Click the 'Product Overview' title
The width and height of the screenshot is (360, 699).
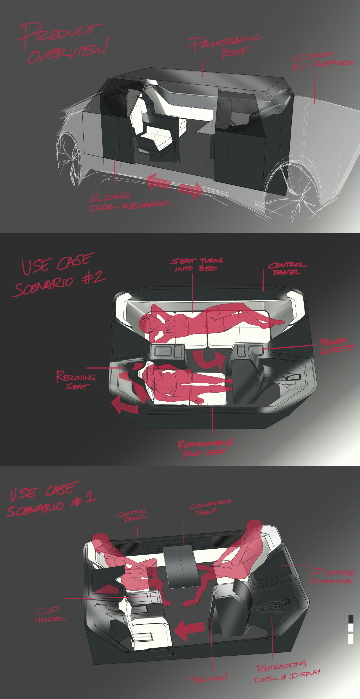click(64, 42)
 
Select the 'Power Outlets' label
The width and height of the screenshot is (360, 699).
click(336, 346)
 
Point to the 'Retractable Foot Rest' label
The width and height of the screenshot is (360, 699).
click(205, 448)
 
